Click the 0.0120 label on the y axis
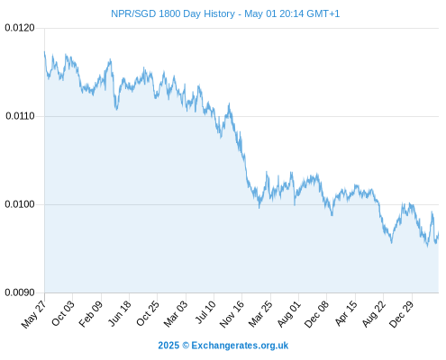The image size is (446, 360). [x=20, y=28]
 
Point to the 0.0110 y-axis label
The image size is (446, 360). [x=20, y=116]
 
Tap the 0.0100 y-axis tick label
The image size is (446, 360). [x=20, y=204]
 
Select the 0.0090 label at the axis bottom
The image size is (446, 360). [x=20, y=292]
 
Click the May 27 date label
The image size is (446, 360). [x=33, y=313]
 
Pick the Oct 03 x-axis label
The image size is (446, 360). [x=62, y=313]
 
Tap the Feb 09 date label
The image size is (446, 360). [x=90, y=314]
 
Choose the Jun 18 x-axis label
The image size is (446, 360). [x=119, y=313]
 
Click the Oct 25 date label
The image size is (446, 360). [x=147, y=313]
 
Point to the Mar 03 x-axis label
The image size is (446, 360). [x=176, y=314]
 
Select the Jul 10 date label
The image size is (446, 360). [x=205, y=312]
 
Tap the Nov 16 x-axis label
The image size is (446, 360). [x=232, y=314]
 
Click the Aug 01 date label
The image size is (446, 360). [x=288, y=314]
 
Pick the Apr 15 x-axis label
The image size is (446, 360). [x=346, y=313]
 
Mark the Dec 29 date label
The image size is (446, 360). [x=401, y=314]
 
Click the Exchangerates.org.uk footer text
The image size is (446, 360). [x=240, y=346]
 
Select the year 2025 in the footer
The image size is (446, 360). [x=168, y=346]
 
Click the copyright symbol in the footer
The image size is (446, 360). [x=186, y=346]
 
